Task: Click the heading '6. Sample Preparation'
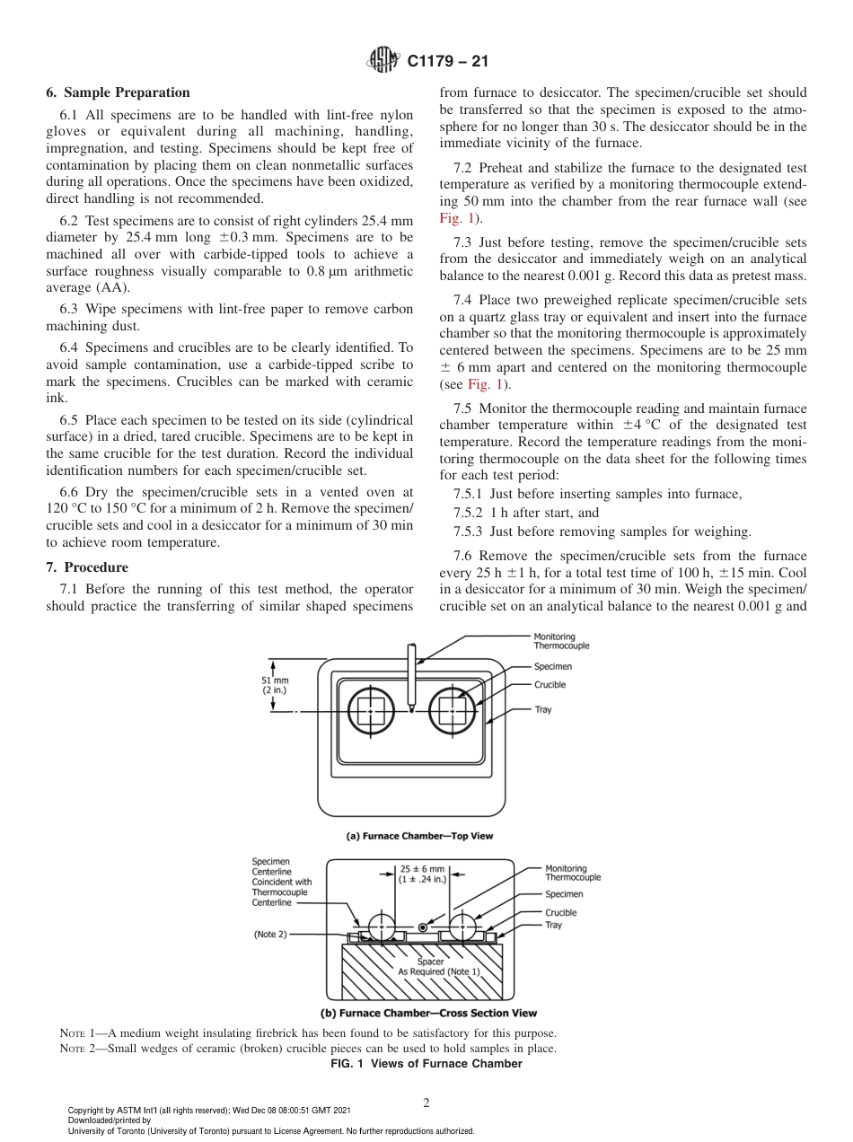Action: [x=118, y=92]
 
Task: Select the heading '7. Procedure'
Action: [x=87, y=567]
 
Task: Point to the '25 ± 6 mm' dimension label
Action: [x=422, y=874]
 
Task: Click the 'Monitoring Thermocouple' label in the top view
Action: [x=561, y=641]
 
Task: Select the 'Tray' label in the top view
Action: [x=543, y=709]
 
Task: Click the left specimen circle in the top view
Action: [x=371, y=713]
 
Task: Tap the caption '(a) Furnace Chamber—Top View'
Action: [x=419, y=836]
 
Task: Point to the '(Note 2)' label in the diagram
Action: [x=270, y=934]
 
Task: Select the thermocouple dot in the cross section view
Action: [x=422, y=927]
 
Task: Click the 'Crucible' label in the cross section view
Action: [x=561, y=913]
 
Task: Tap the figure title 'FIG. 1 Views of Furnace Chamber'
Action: [x=426, y=1064]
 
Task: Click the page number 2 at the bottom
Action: [x=426, y=1103]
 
